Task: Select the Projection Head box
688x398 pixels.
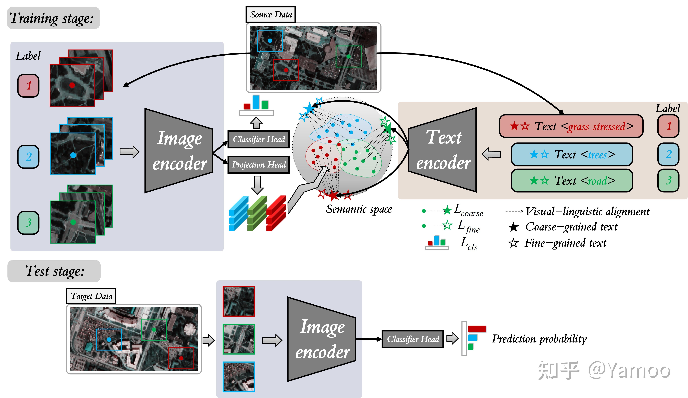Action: pos(258,165)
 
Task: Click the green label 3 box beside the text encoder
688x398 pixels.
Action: pos(668,180)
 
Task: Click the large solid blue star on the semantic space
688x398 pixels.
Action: pos(309,108)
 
